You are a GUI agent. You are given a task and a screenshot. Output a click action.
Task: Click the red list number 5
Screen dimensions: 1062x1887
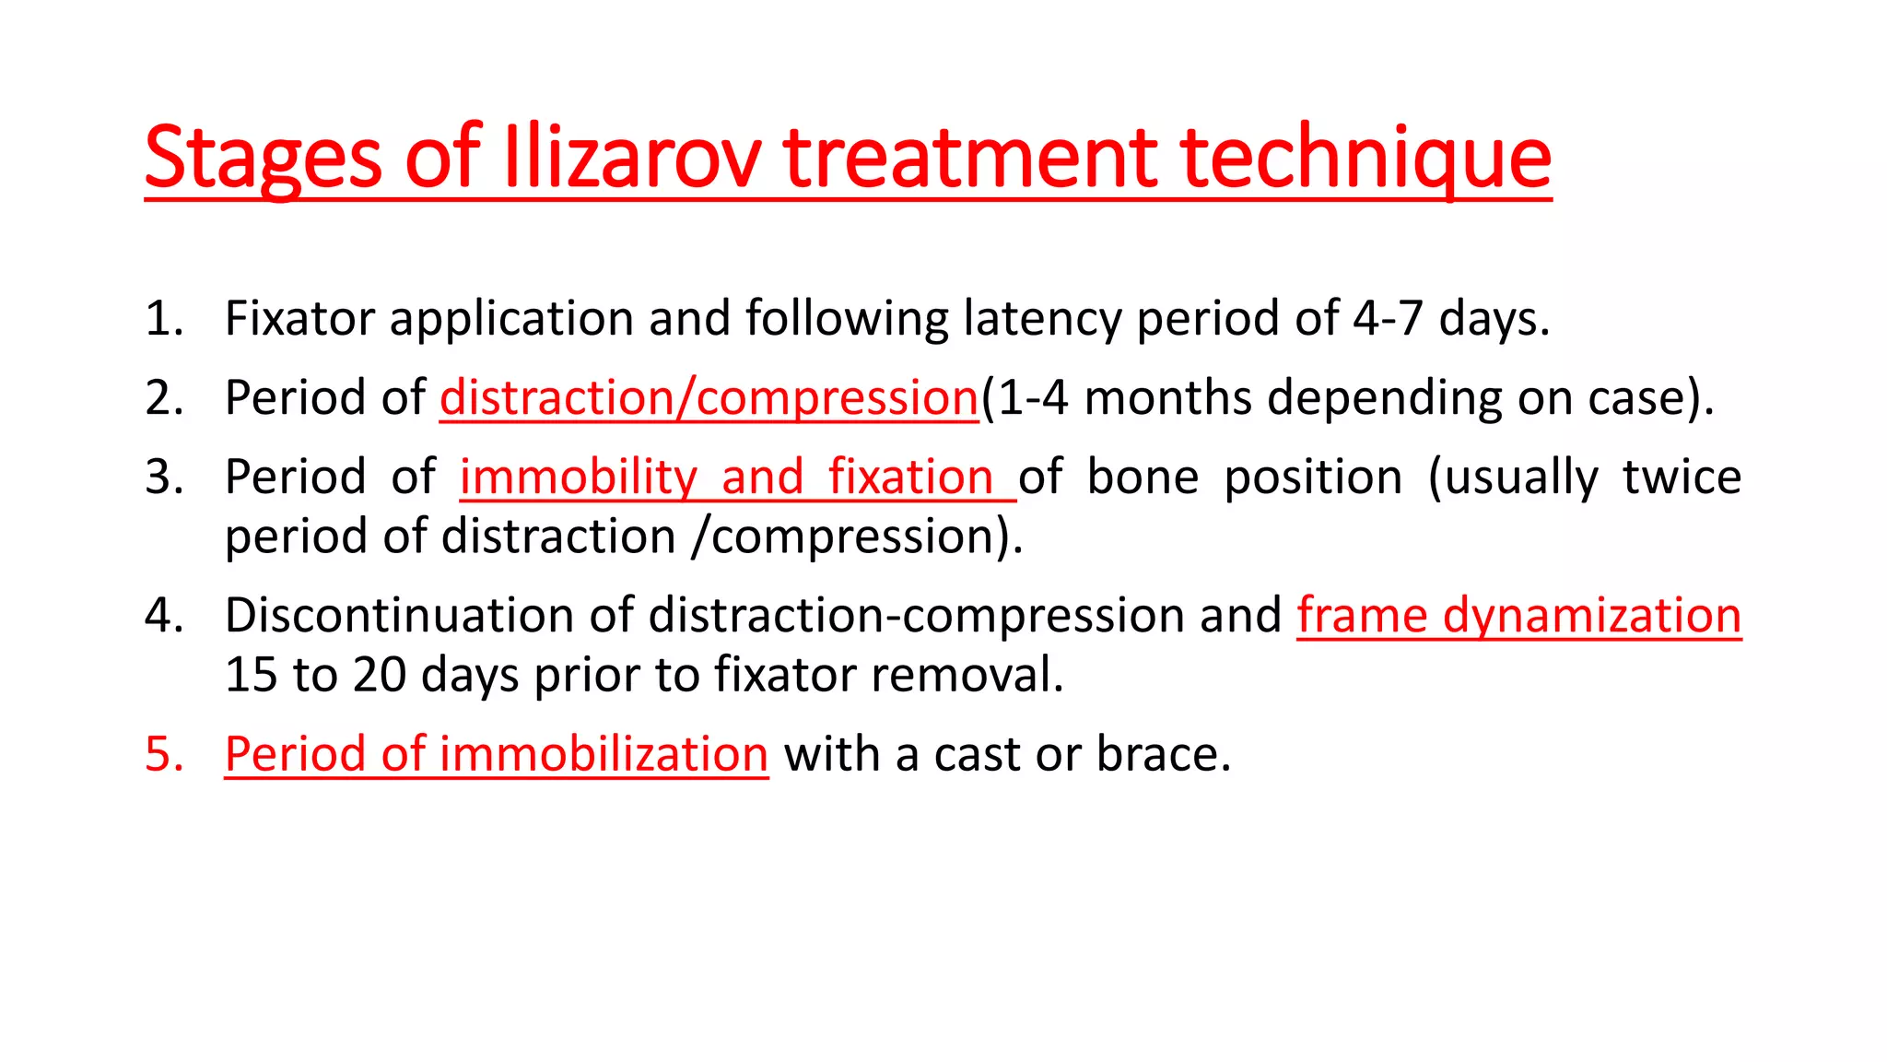click(x=165, y=754)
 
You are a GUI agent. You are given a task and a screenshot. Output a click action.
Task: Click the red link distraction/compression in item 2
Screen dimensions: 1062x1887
click(x=709, y=398)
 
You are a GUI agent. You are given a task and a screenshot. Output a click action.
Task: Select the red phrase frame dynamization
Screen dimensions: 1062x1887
click(x=1518, y=615)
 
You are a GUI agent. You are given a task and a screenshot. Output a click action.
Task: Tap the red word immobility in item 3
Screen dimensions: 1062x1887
click(x=579, y=478)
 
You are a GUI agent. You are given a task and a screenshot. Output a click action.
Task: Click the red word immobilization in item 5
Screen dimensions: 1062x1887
click(x=604, y=754)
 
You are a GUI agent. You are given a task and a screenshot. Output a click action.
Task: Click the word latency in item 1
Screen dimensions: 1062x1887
click(x=1042, y=319)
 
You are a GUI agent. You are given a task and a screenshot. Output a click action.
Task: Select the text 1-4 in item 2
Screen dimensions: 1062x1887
click(x=1033, y=398)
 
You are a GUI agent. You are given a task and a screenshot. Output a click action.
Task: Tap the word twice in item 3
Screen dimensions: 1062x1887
click(x=1682, y=478)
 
